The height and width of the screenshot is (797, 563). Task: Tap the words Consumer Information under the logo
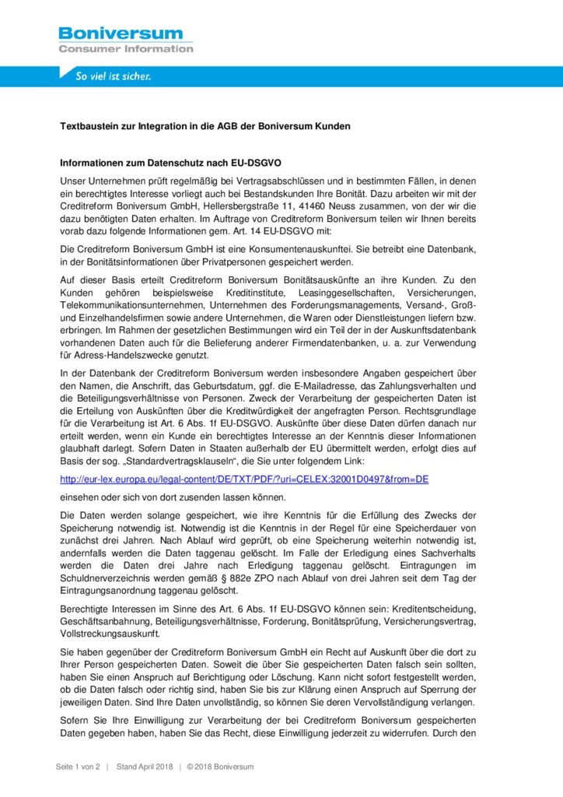125,49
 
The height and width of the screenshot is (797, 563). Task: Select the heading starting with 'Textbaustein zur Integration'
205,125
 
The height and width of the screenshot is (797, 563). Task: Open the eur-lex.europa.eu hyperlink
243,479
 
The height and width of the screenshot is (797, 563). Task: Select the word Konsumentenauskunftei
284,248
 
